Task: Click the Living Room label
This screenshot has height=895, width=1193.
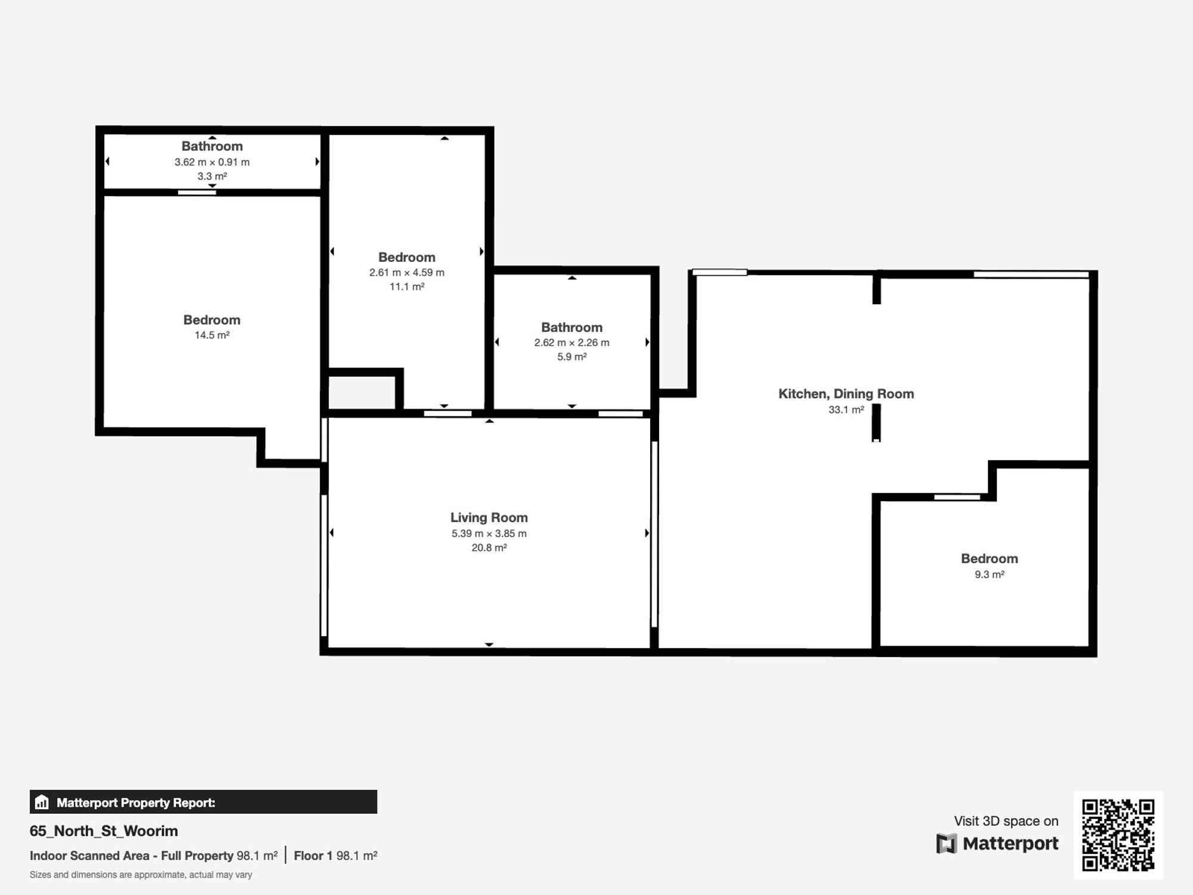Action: [x=489, y=517]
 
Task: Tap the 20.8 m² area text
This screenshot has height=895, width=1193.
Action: [x=489, y=548]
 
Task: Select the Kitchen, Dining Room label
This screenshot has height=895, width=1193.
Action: [x=846, y=394]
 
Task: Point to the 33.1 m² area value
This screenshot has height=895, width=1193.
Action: [x=846, y=410]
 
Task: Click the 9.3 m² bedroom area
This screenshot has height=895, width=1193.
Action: [x=989, y=575]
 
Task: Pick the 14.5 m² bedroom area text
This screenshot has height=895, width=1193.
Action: [x=212, y=335]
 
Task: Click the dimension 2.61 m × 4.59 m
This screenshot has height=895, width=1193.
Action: [x=406, y=273]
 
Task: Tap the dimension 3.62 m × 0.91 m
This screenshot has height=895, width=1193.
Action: [x=212, y=162]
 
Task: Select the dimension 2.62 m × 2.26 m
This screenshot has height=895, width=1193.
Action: [x=571, y=342]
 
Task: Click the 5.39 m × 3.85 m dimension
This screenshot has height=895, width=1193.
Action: [x=489, y=533]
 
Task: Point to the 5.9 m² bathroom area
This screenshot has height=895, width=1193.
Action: [x=571, y=357]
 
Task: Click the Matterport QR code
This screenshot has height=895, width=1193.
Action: [x=1118, y=835]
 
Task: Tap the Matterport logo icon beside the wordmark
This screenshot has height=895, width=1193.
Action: [x=946, y=844]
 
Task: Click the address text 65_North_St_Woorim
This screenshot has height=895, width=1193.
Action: [x=104, y=831]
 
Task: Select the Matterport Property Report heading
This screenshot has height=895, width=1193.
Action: [x=135, y=803]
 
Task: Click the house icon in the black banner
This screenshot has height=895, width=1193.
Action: [x=42, y=802]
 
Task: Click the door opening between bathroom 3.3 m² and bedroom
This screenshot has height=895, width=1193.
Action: [x=197, y=192]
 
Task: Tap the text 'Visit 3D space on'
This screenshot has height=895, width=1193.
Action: [x=1006, y=821]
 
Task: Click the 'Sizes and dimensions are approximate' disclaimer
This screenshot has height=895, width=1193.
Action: [x=141, y=875]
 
